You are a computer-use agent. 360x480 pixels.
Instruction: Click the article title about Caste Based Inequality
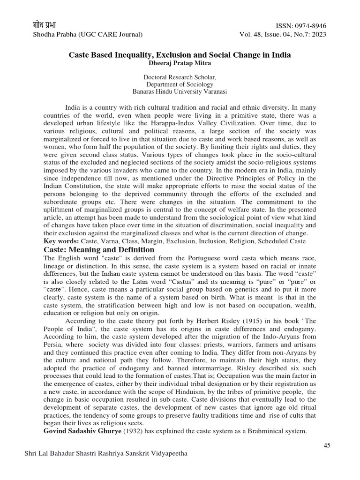[180, 55]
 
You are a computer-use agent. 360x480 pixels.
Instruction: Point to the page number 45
[327, 445]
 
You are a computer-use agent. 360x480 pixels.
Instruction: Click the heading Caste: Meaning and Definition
[99, 250]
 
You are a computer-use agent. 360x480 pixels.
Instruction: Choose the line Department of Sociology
[180, 84]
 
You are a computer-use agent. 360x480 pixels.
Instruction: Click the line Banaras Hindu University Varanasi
[180, 92]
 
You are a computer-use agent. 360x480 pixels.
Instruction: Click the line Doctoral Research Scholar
[180, 77]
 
